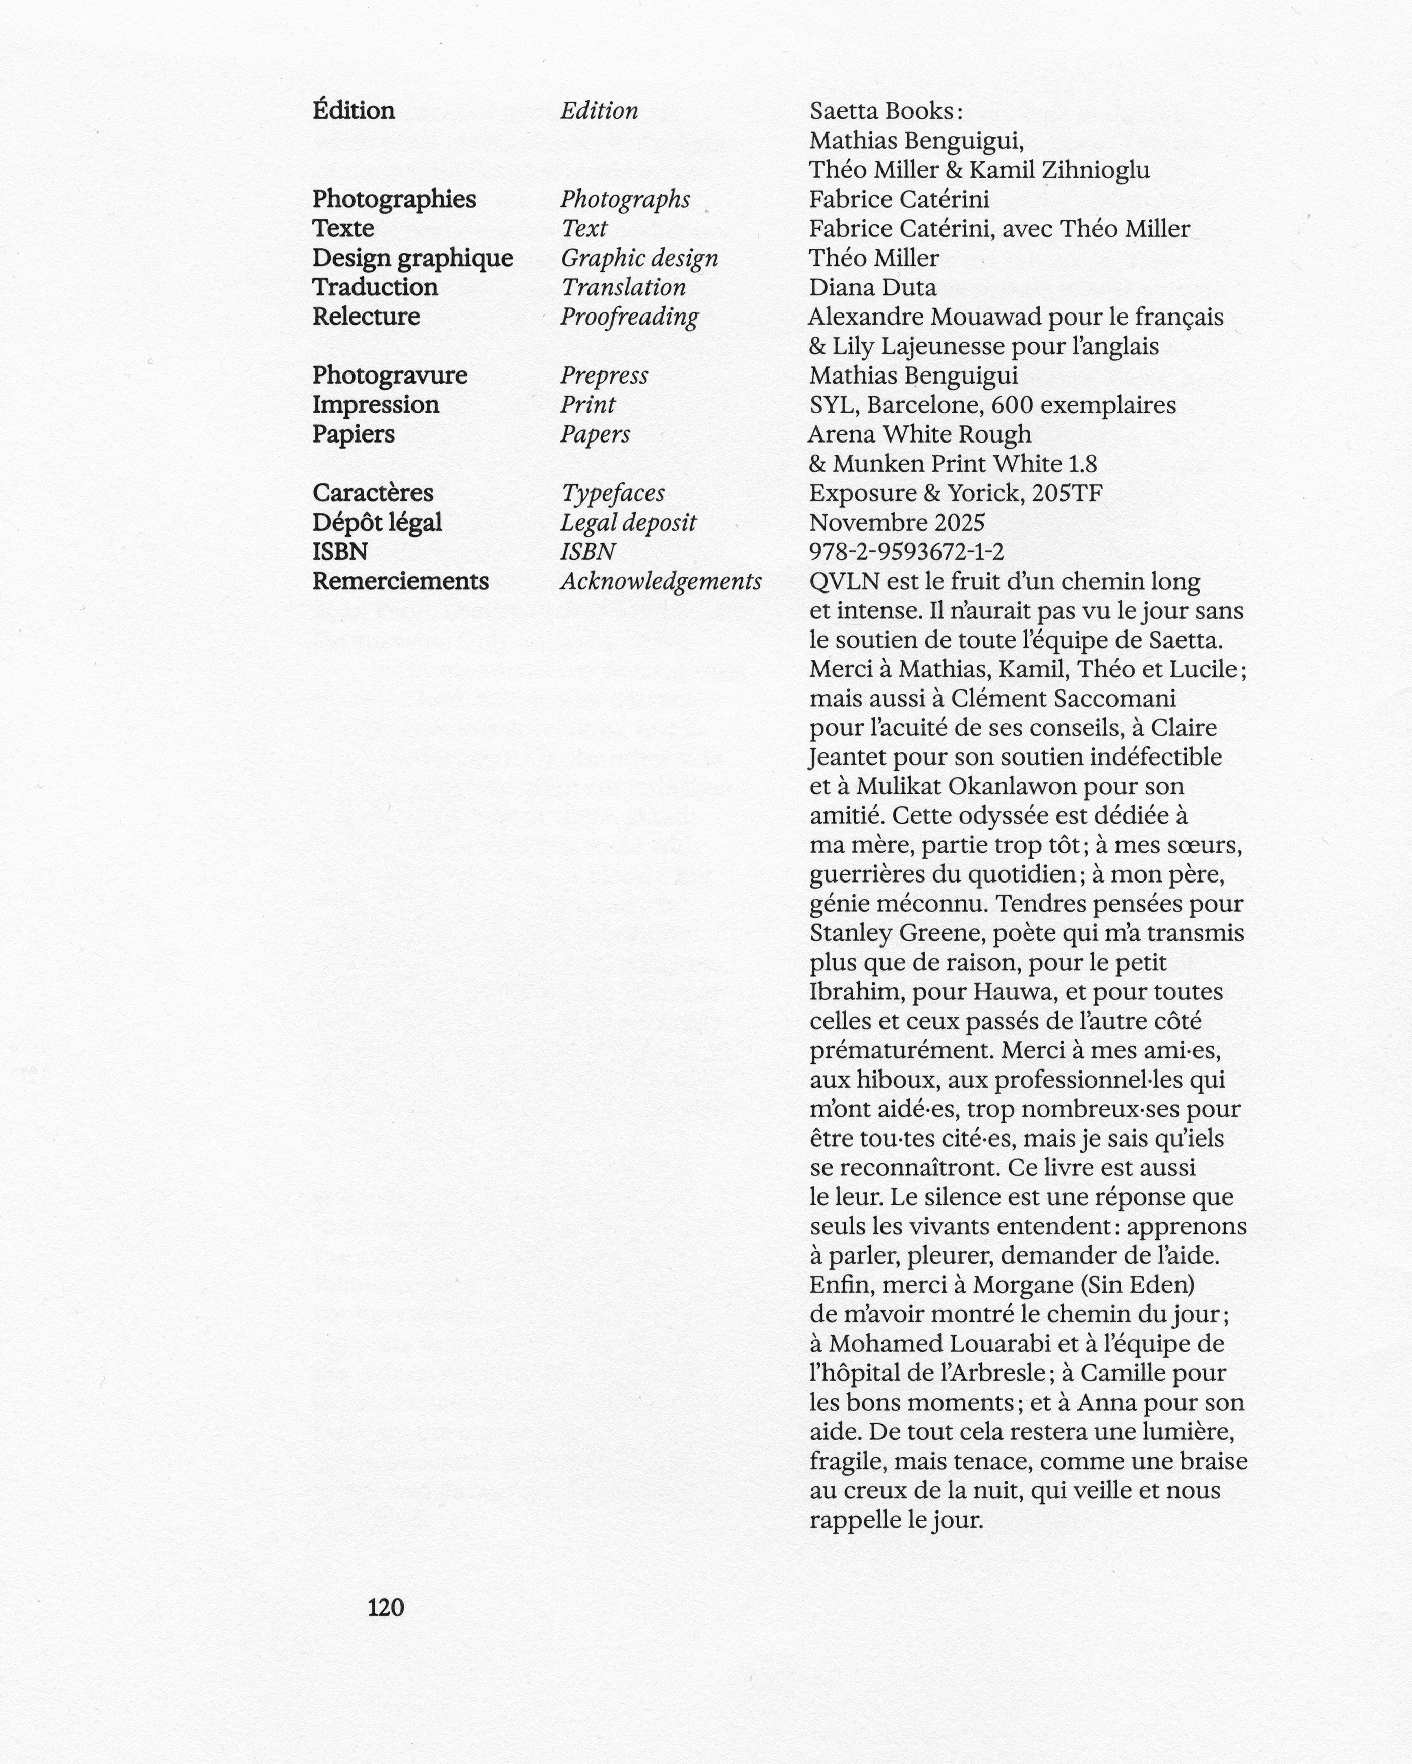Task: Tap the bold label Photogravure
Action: (390, 375)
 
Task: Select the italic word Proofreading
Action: (629, 317)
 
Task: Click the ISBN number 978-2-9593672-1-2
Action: (906, 551)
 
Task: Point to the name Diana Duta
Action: (872, 287)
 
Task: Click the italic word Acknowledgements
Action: (661, 581)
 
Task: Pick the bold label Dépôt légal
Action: (377, 522)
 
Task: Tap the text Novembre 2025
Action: (896, 522)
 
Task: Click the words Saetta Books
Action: (881, 111)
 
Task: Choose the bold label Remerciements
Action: (400, 581)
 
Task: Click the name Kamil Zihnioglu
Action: (1059, 170)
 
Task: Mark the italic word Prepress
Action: (604, 375)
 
